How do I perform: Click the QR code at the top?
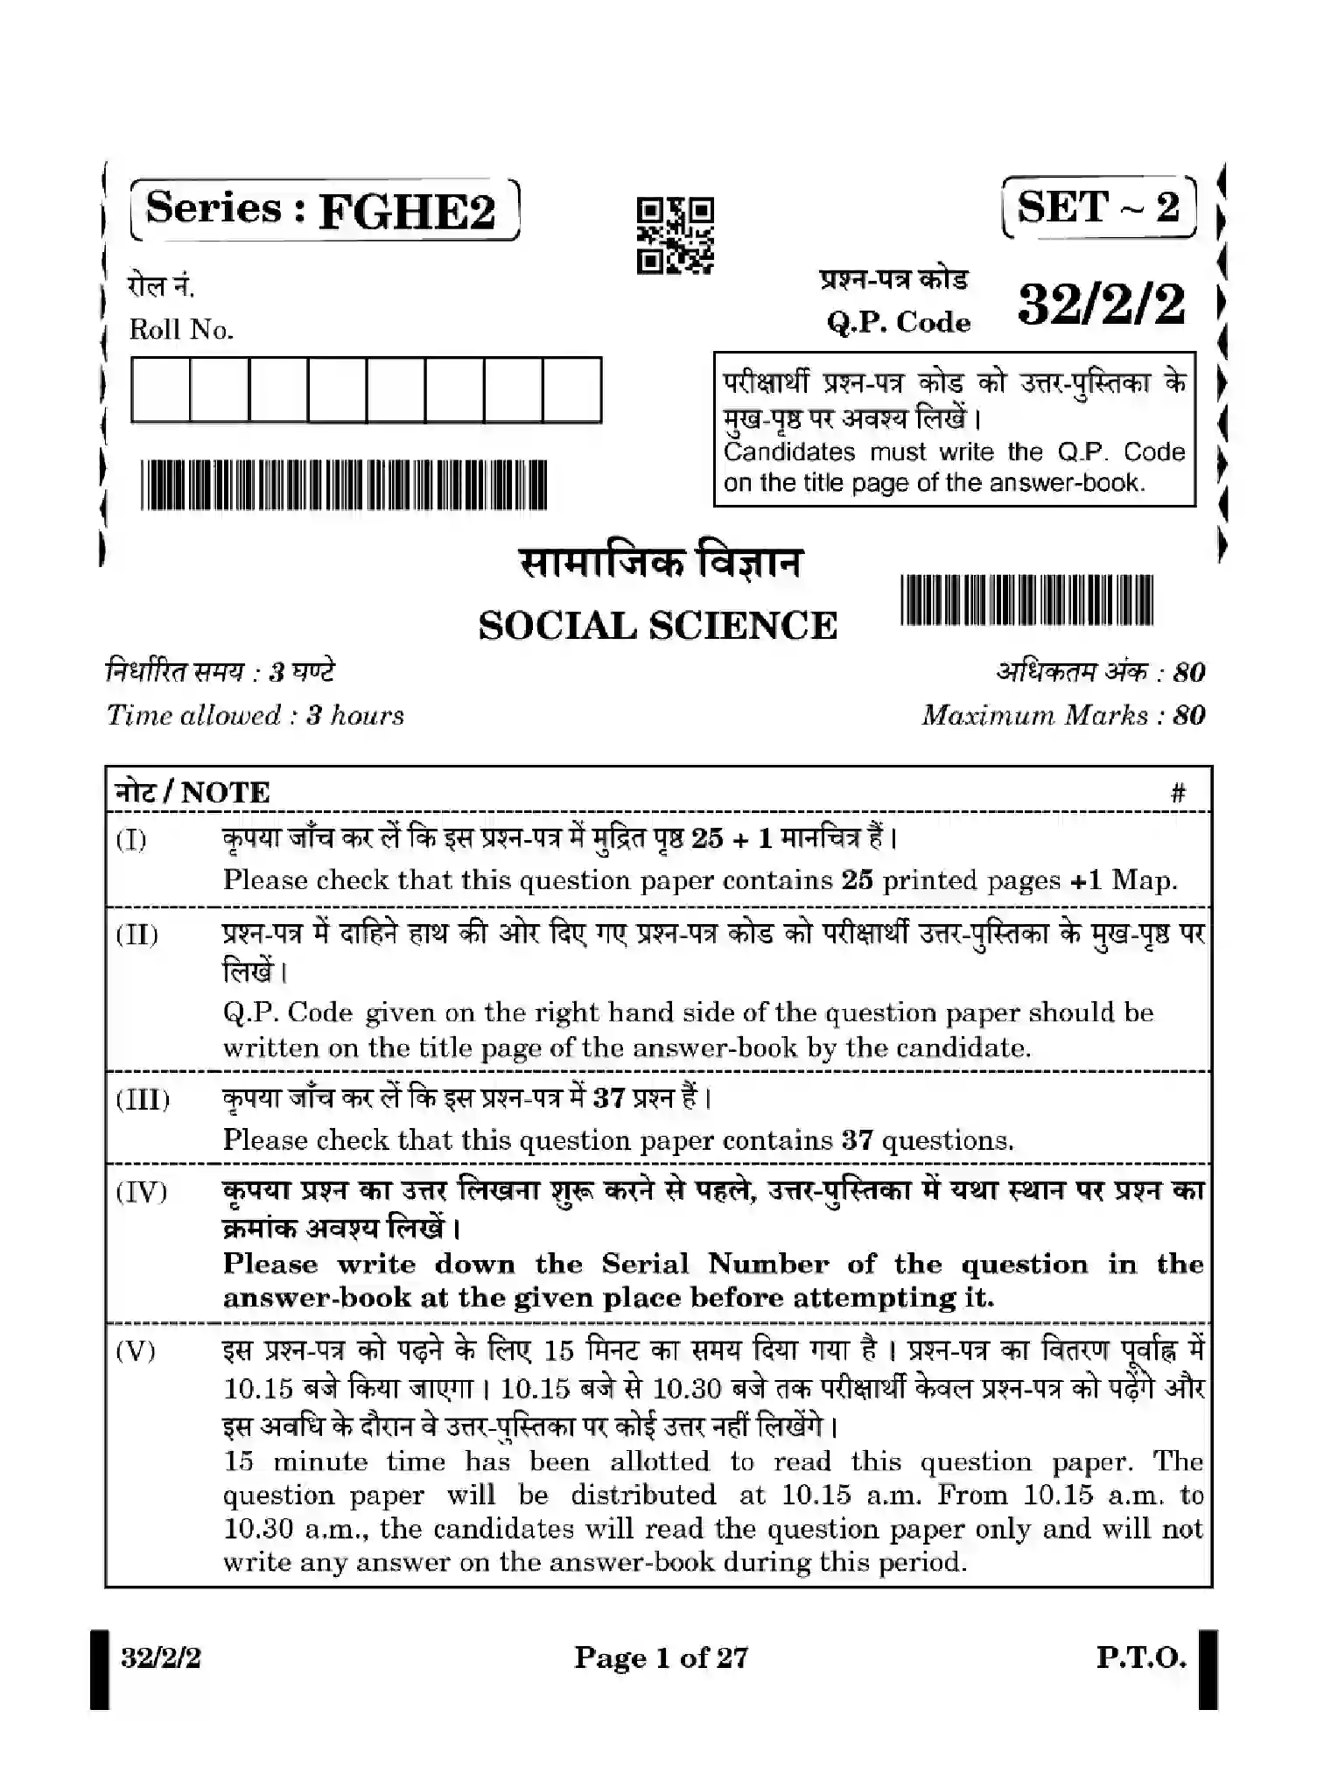coord(675,235)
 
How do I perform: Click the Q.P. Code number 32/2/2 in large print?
coord(1102,305)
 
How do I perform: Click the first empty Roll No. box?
coord(160,389)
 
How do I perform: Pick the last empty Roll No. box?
coord(571,389)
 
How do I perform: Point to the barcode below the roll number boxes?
coord(343,484)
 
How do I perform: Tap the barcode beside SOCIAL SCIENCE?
coord(1026,599)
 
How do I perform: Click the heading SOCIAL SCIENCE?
coord(657,626)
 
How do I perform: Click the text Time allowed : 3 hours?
coord(255,716)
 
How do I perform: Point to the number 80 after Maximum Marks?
coord(1189,716)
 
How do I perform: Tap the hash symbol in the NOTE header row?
coord(1178,794)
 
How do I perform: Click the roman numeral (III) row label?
coord(143,1099)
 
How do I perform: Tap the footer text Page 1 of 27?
coord(661,1657)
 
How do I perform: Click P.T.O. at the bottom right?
coord(1141,1657)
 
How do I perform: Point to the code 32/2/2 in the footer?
coord(161,1657)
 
